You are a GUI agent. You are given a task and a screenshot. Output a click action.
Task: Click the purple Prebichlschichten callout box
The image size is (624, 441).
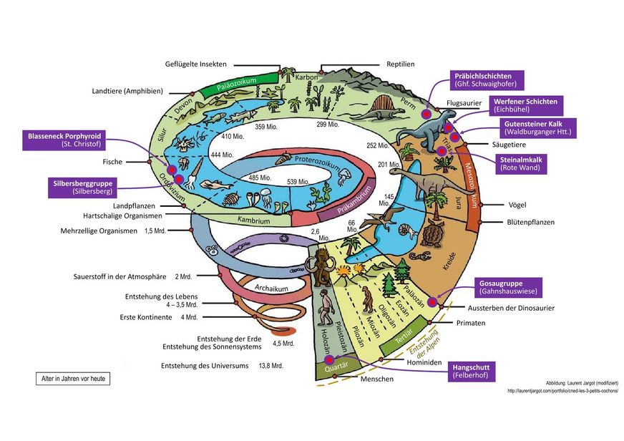pyautogui.click(x=487, y=79)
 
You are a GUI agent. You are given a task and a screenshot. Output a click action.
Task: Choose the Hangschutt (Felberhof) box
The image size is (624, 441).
pyautogui.click(x=473, y=371)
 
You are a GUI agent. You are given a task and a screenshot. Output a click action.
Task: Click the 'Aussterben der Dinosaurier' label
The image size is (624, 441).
pyautogui.click(x=510, y=308)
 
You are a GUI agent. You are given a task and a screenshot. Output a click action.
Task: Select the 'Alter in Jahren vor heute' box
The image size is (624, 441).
pyautogui.click(x=73, y=379)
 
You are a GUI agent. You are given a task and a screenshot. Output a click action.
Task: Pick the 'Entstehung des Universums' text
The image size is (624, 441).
pyautogui.click(x=205, y=366)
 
